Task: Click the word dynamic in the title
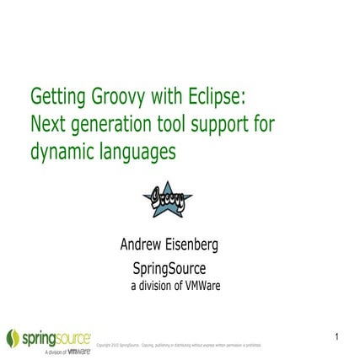point(62,153)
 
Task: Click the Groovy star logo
point(168,198)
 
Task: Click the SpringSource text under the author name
point(168,268)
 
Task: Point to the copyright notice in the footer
point(179,344)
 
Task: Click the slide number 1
point(336,336)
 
